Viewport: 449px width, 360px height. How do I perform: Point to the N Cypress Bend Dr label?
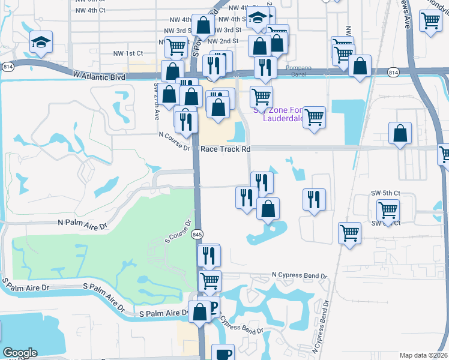[299, 275]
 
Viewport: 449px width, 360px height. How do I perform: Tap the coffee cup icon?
[224, 353]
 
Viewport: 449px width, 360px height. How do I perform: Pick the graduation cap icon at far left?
[41, 43]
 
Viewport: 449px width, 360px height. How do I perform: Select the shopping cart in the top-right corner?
[431, 21]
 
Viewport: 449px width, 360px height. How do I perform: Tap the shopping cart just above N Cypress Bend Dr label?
[209, 280]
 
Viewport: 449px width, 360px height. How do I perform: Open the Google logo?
[20, 353]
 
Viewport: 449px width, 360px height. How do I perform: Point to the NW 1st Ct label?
[127, 53]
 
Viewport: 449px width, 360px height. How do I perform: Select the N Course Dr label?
[173, 136]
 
